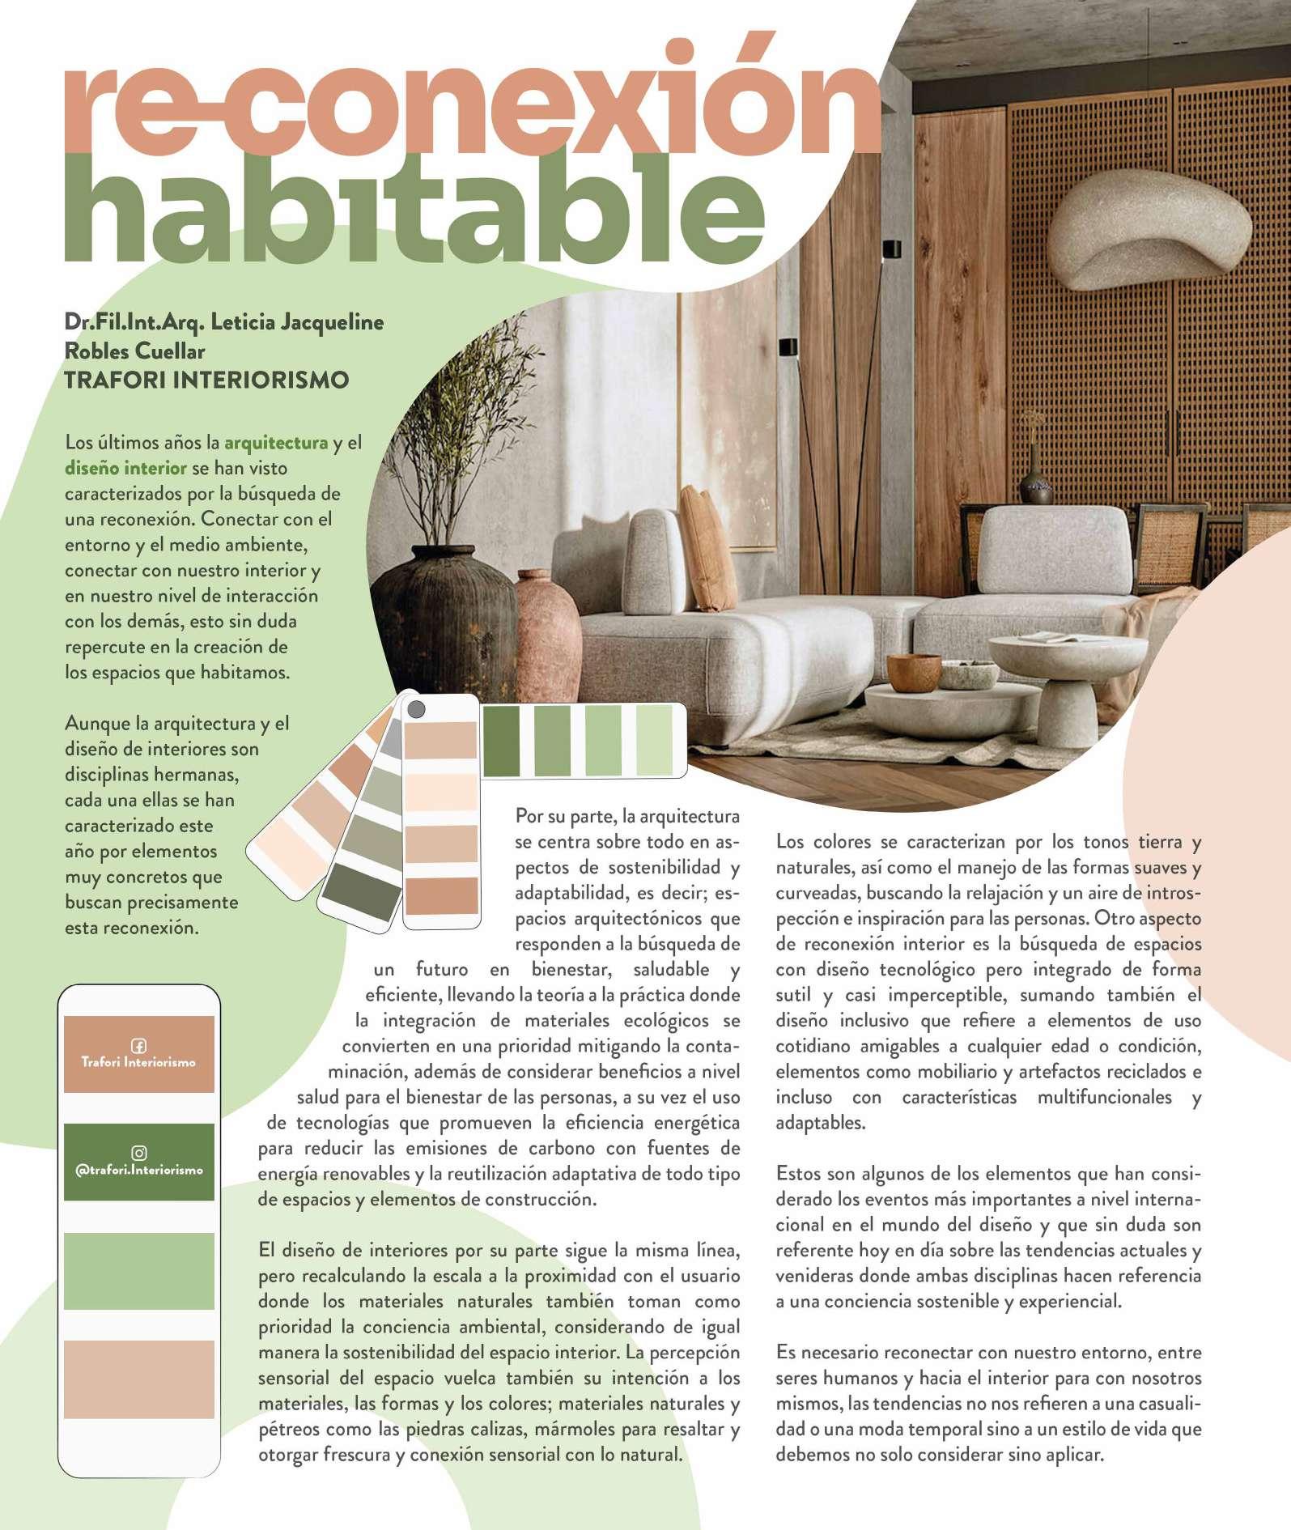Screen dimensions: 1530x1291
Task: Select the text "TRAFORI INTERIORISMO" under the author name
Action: point(206,380)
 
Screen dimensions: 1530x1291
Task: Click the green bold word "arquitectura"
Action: point(276,443)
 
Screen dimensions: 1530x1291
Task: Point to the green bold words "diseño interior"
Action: point(125,468)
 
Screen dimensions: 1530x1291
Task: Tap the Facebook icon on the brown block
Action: point(138,1045)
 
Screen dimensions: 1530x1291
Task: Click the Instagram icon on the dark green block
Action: point(138,1153)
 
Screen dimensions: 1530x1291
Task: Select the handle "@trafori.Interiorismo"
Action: point(138,1171)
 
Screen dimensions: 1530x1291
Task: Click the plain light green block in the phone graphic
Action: point(138,1271)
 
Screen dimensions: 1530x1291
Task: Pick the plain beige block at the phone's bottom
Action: point(138,1379)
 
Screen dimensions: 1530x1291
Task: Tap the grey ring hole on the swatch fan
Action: point(416,710)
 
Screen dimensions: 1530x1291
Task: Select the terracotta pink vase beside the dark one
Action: point(546,631)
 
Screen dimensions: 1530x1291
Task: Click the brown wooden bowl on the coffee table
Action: point(914,672)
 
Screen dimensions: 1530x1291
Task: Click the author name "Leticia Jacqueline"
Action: point(297,322)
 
